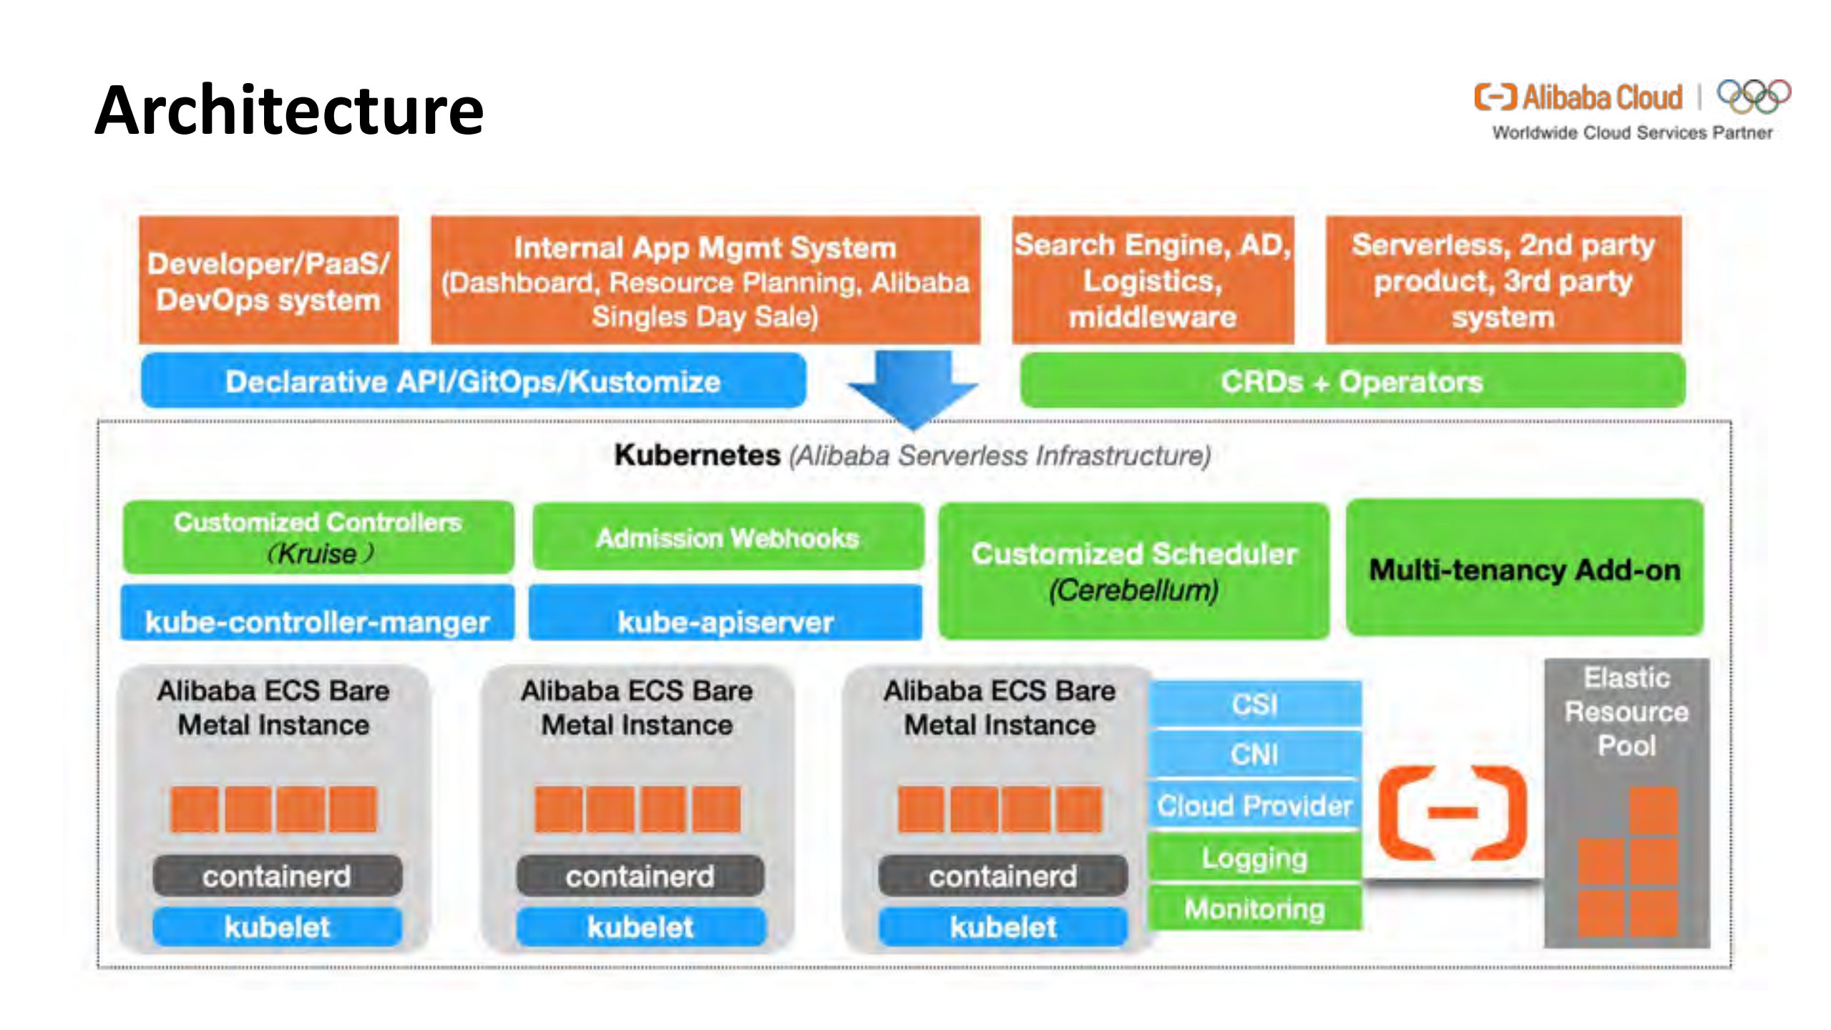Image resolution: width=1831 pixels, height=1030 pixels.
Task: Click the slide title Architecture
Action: pos(289,110)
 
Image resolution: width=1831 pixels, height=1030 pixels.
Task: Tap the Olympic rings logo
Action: pos(1754,96)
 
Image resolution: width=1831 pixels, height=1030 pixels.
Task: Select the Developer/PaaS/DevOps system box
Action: pos(268,281)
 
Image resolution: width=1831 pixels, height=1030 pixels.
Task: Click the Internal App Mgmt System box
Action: pos(705,281)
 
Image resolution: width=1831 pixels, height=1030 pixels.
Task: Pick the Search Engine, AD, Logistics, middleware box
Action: pos(1153,281)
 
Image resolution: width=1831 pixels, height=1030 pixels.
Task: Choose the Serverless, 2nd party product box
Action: pos(1503,281)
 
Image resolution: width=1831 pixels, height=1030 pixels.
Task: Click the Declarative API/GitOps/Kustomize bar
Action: pos(473,382)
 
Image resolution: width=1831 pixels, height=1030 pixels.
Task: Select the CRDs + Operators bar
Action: pos(1352,382)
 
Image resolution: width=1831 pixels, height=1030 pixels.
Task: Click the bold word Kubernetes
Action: pos(697,455)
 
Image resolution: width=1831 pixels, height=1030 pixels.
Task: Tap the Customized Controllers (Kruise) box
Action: pos(318,538)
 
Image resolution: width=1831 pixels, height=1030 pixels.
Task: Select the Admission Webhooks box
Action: pos(728,538)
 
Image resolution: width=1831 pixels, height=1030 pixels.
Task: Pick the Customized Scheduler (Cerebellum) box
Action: pos(1134,570)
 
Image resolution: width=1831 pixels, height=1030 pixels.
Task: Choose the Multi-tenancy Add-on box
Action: pos(1525,569)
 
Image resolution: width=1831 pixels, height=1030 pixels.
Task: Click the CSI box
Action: pos(1254,704)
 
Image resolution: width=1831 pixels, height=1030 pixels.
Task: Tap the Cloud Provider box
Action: pos(1254,806)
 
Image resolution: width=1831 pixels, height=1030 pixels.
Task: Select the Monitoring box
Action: pos(1254,909)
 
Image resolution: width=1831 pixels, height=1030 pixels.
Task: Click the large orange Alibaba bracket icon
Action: pos(1452,812)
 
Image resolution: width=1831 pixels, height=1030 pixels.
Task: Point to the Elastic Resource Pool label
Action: pos(1626,711)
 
